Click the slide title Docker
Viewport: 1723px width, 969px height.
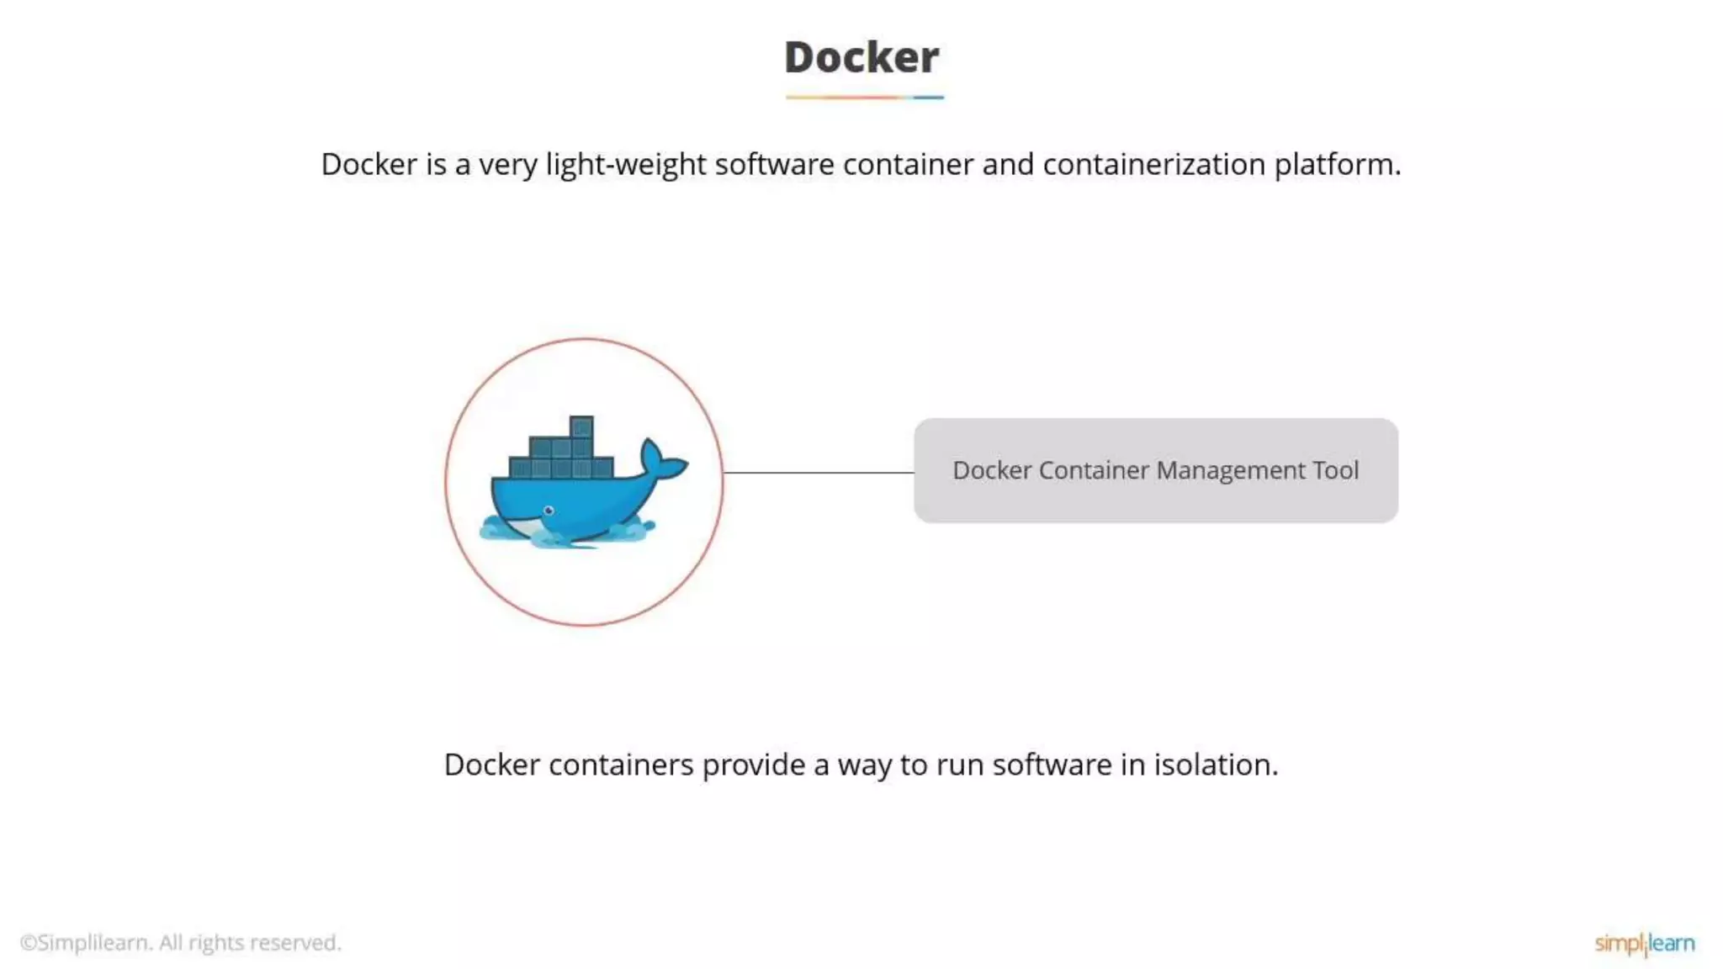pos(861,57)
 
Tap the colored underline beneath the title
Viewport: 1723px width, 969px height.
pos(864,98)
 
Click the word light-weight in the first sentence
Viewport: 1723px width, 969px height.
pos(625,165)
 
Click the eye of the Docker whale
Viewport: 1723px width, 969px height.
pos(549,511)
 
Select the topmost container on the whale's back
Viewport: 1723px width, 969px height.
pos(581,426)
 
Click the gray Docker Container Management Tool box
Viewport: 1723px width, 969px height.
pos(1155,470)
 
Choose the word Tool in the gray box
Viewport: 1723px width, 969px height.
pos(1335,470)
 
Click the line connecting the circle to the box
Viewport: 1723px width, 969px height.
pos(818,473)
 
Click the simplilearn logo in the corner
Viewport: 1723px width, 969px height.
pos(1644,943)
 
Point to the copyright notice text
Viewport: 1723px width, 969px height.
pos(180,943)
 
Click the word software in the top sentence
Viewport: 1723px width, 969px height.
pos(774,164)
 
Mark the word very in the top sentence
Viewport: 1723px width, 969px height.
pos(507,165)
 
